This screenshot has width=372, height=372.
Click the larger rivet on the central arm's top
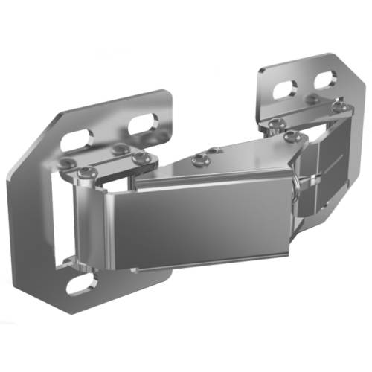pos(199,158)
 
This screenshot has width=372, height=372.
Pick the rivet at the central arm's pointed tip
pos(291,137)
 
